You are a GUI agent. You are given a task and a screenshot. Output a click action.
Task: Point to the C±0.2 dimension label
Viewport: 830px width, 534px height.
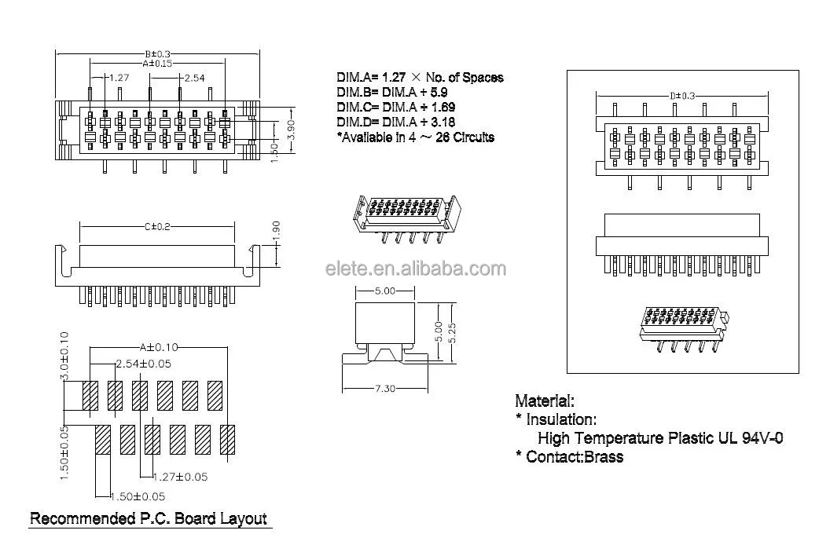click(157, 226)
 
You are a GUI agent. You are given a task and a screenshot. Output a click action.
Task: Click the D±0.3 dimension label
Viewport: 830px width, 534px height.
click(682, 96)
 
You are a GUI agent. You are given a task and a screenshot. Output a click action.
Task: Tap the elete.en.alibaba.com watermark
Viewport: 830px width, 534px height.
click(416, 269)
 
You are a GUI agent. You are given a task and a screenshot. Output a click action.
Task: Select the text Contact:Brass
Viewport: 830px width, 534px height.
click(575, 456)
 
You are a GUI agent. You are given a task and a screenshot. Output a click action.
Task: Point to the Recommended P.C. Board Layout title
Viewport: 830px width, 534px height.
click(148, 519)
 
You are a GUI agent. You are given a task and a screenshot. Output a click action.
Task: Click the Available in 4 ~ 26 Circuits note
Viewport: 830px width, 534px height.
click(416, 137)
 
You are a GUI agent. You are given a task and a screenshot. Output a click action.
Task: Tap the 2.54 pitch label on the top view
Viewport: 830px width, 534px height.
click(194, 78)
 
